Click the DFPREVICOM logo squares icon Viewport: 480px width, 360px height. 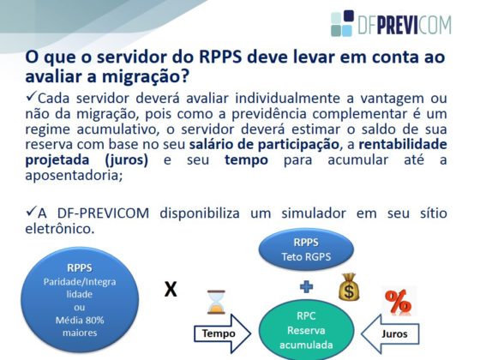pos(342,23)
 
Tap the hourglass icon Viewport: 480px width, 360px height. pos(216,302)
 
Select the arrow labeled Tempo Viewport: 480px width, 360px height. pos(223,333)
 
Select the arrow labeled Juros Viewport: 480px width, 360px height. pos(390,333)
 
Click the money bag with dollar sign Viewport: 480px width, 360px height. pos(349,287)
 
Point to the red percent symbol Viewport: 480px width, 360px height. pos(398,302)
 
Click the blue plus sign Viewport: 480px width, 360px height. pos(306,287)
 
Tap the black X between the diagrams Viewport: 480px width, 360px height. pos(171,290)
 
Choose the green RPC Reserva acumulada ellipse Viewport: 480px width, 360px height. pos(306,330)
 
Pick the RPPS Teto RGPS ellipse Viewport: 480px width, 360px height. pos(306,249)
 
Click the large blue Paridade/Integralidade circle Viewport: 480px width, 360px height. pos(80,299)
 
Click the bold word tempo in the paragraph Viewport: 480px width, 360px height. pos(247,159)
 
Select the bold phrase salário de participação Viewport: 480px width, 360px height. pos(264,145)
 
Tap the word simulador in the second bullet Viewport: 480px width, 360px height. pos(314,213)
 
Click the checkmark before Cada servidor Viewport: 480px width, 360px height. pos(31,96)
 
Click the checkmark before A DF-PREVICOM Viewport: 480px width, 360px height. pos(31,211)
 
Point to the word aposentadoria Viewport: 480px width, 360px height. pos(74,176)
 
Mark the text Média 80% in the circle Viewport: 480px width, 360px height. pos(80,321)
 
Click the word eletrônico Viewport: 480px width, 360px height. pos(60,229)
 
